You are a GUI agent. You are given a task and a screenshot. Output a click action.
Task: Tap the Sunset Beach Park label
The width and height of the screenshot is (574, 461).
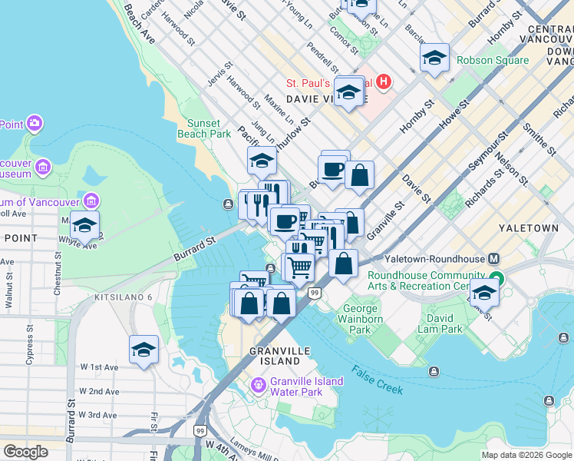pyautogui.click(x=209, y=128)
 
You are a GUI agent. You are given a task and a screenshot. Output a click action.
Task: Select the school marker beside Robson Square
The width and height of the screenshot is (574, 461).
pyautogui.click(x=434, y=58)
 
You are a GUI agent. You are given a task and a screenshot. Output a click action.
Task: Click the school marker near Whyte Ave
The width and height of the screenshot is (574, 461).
pyautogui.click(x=84, y=224)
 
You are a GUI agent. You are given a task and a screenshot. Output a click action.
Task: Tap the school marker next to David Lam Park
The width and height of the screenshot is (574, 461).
pyautogui.click(x=483, y=293)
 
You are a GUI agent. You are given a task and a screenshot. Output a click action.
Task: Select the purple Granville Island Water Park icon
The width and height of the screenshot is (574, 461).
pyautogui.click(x=259, y=383)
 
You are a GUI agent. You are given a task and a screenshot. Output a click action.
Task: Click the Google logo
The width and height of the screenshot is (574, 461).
pyautogui.click(x=26, y=451)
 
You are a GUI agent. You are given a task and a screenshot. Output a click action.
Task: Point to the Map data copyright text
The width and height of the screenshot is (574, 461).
pyautogui.click(x=526, y=455)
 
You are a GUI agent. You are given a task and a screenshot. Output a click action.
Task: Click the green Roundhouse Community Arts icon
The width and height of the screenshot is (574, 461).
pyautogui.click(x=496, y=280)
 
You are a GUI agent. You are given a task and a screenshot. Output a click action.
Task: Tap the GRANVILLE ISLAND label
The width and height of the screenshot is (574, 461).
pyautogui.click(x=274, y=356)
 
